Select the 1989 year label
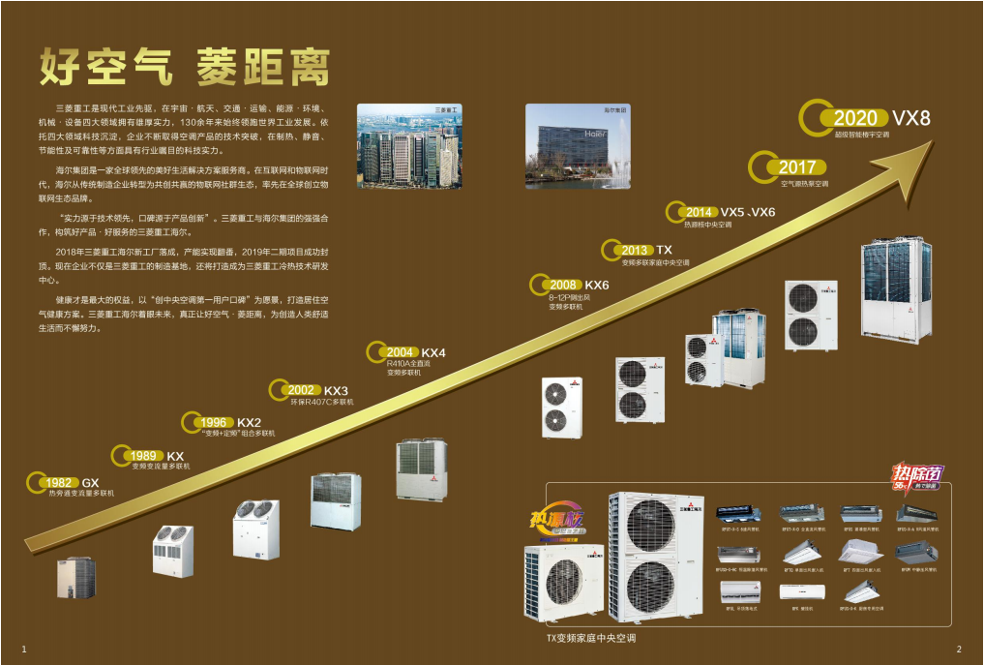pyautogui.click(x=144, y=456)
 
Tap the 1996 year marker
pyautogui.click(x=214, y=422)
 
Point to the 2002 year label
pyautogui.click(x=301, y=390)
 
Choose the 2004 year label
pyautogui.click(x=400, y=352)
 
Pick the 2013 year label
pyautogui.click(x=635, y=250)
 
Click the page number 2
pyautogui.click(x=958, y=648)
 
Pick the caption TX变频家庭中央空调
pyautogui.click(x=591, y=639)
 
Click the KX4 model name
pyautogui.click(x=433, y=352)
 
